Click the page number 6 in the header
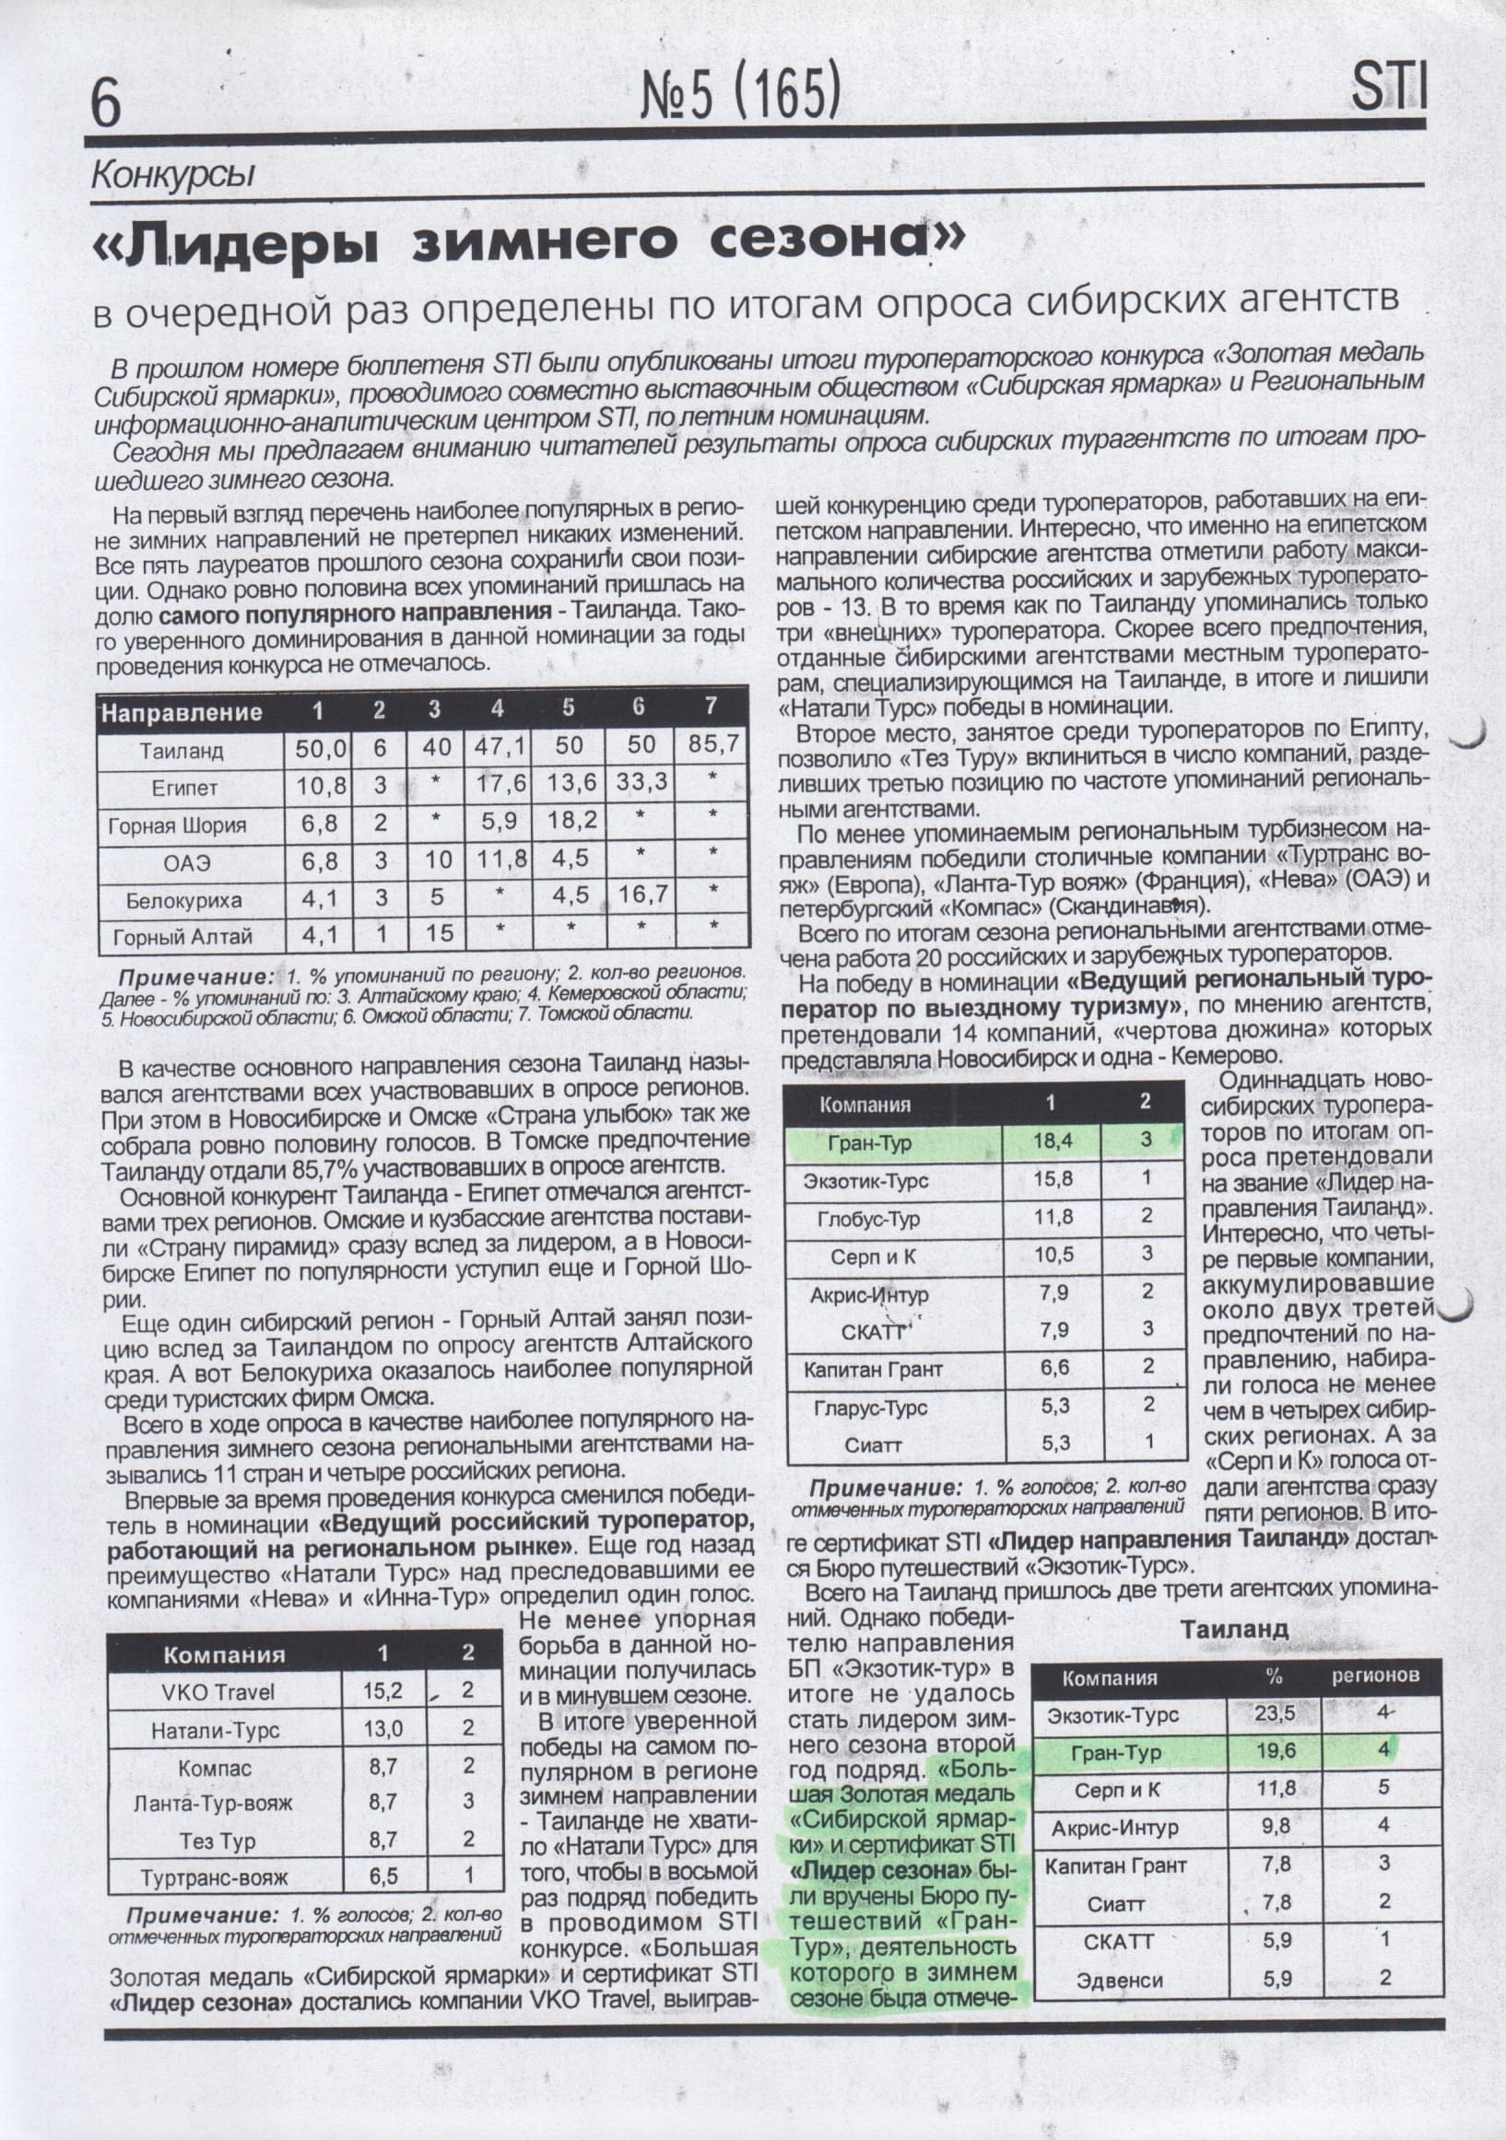pos(106,104)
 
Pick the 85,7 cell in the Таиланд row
pos(712,744)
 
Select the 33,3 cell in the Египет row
pos(641,783)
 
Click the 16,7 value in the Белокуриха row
pos(641,895)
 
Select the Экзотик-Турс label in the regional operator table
pos(865,1180)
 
